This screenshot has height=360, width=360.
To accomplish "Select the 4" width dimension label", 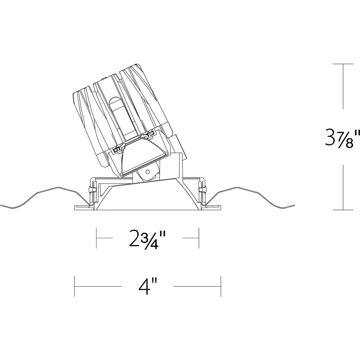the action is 148,286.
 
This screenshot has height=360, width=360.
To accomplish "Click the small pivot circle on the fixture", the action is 148,172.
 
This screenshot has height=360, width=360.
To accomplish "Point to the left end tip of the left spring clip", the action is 1,205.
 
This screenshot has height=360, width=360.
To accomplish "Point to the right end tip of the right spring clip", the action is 294,205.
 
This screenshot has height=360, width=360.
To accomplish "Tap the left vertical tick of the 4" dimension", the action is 75,286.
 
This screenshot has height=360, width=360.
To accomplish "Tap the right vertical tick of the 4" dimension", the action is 221,286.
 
